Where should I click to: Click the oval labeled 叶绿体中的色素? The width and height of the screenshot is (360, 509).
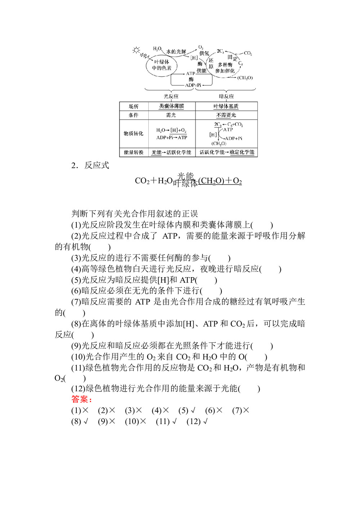point(161,65)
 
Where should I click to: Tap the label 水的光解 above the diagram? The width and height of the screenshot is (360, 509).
point(176,52)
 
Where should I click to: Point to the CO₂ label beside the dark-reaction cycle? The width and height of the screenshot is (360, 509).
point(248,53)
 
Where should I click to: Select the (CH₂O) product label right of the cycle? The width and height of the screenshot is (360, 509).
point(245,78)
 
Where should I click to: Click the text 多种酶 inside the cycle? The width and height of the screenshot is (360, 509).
point(225,65)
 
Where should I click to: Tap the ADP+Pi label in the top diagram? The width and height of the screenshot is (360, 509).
point(193,85)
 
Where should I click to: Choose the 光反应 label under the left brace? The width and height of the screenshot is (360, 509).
point(171,96)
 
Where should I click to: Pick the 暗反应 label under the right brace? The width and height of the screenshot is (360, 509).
point(226,96)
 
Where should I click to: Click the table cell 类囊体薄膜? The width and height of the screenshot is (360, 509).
point(172,106)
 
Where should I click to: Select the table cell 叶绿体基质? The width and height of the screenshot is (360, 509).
point(226,106)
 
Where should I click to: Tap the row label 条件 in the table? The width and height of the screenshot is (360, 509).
point(134,115)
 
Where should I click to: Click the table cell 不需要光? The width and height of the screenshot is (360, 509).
point(226,115)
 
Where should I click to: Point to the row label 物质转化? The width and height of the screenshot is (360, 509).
point(134,134)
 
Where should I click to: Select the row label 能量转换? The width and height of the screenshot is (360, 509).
point(134,153)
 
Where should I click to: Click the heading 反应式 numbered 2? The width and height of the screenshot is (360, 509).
point(96,166)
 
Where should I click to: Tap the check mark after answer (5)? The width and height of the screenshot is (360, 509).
point(193,410)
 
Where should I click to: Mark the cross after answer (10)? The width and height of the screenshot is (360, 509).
point(143,422)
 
